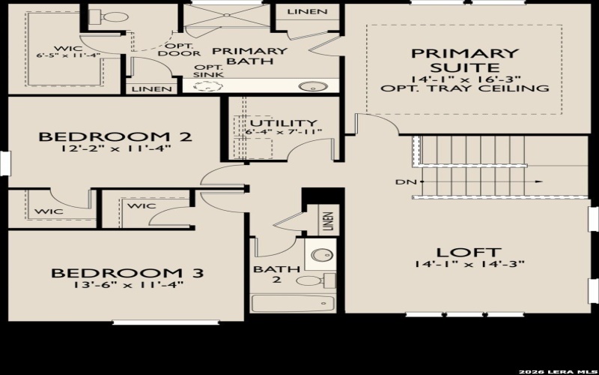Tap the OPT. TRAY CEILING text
(x=464, y=88)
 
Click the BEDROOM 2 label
(x=115, y=136)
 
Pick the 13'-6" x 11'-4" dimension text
(x=127, y=284)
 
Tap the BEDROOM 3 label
(x=127, y=272)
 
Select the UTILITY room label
(x=283, y=123)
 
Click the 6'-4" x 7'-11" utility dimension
(x=283, y=133)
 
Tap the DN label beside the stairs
(x=402, y=182)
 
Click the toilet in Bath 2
(x=311, y=281)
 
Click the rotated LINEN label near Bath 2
(x=327, y=221)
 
